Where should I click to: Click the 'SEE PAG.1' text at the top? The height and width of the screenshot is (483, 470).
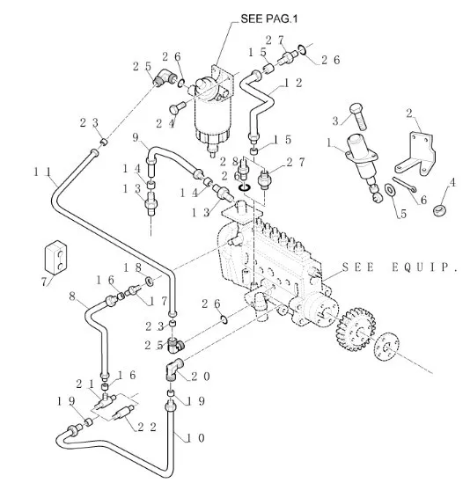pyautogui.click(x=269, y=18)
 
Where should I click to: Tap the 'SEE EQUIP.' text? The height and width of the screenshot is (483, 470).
pyautogui.click(x=400, y=267)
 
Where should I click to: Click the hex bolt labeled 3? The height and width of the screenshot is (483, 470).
pyautogui.click(x=358, y=116)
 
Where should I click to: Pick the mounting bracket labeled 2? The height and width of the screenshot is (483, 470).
pyautogui.click(x=416, y=154)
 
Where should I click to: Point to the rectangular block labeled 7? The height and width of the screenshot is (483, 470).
pyautogui.click(x=55, y=257)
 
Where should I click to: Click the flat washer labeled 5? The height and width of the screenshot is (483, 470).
pyautogui.click(x=390, y=189)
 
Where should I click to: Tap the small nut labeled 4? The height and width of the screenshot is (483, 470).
pyautogui.click(x=439, y=210)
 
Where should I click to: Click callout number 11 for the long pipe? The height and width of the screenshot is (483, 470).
pyautogui.click(x=42, y=172)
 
